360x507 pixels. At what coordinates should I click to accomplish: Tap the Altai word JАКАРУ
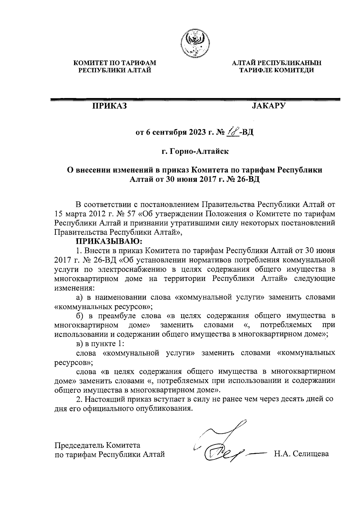tap(269, 106)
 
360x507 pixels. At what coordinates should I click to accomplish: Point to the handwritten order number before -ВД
tap(233, 132)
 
